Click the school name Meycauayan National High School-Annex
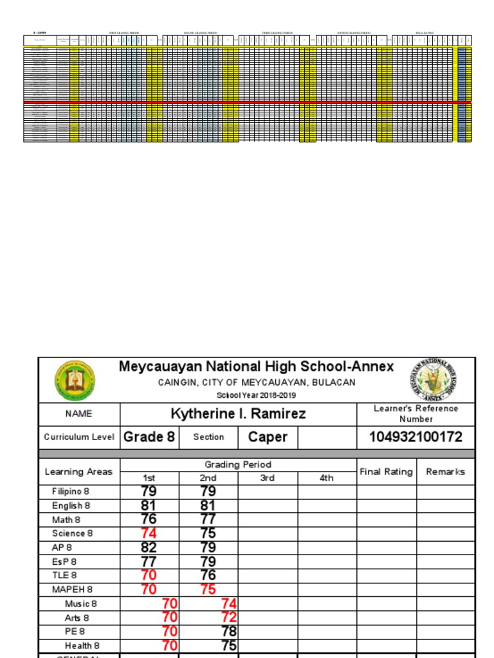click(256, 367)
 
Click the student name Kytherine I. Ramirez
click(238, 414)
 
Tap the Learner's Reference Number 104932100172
click(416, 437)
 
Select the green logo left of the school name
click(75, 380)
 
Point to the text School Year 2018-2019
click(256, 395)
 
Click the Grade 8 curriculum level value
click(149, 437)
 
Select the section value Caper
click(268, 437)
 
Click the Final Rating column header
click(386, 472)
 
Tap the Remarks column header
click(446, 472)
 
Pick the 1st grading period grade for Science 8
click(149, 533)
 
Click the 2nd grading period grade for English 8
click(208, 506)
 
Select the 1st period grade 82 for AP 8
click(149, 547)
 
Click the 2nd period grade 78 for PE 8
click(228, 632)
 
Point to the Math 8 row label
click(66, 520)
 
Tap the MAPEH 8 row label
click(72, 589)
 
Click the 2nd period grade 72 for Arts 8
click(228, 618)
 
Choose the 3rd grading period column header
click(268, 478)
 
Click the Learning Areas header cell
click(78, 472)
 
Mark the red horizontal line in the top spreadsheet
click(248, 102)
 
